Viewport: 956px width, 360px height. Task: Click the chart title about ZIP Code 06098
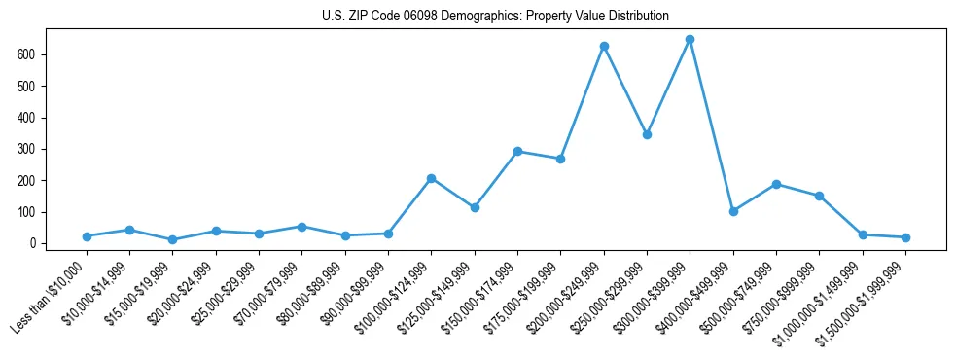tap(495, 16)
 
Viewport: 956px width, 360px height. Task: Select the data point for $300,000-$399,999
tap(690, 39)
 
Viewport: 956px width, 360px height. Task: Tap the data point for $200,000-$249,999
tap(604, 46)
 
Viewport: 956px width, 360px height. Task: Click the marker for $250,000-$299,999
tap(647, 134)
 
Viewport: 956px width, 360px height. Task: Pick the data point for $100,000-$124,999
tap(431, 178)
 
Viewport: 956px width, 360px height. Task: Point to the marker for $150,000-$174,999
tap(517, 151)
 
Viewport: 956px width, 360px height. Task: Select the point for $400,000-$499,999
tap(733, 211)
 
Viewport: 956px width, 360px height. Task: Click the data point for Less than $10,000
tap(87, 236)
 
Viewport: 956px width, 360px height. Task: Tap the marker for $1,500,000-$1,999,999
tap(905, 237)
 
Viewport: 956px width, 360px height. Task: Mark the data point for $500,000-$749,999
tap(776, 184)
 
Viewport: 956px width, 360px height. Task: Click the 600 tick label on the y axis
tap(25, 54)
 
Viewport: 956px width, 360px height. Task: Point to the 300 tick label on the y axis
tap(25, 149)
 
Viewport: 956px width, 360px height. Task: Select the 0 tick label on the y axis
tap(31, 243)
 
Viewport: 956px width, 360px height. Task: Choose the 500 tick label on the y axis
tap(25, 86)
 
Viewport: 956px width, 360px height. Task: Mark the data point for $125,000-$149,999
tap(475, 207)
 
